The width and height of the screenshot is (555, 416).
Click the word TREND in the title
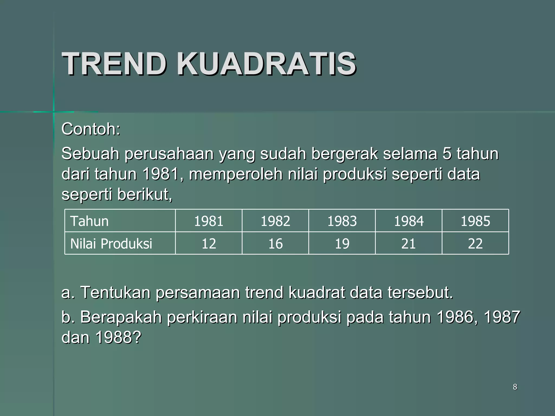[x=114, y=64]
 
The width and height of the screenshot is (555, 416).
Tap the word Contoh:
[x=91, y=129]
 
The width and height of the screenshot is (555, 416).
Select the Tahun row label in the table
[x=89, y=221]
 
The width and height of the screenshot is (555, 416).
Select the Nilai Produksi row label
[x=111, y=243]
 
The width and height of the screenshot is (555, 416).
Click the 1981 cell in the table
[x=208, y=221]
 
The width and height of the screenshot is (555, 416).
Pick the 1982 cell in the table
[x=275, y=221]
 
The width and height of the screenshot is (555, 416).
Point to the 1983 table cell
[x=342, y=221]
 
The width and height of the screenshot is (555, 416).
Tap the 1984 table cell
[x=408, y=221]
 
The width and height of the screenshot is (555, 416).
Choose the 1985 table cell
[x=475, y=221]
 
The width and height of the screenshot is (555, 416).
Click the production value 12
[x=208, y=243]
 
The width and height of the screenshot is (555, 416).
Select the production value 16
[x=275, y=243]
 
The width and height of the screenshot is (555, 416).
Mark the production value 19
[x=342, y=243]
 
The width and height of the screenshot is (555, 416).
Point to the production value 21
[x=408, y=243]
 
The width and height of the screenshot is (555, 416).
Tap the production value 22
[x=475, y=243]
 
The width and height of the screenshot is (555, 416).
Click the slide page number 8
[x=515, y=387]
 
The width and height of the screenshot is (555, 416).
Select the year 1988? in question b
[x=118, y=337]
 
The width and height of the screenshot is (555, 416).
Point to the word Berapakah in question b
[x=121, y=317]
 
